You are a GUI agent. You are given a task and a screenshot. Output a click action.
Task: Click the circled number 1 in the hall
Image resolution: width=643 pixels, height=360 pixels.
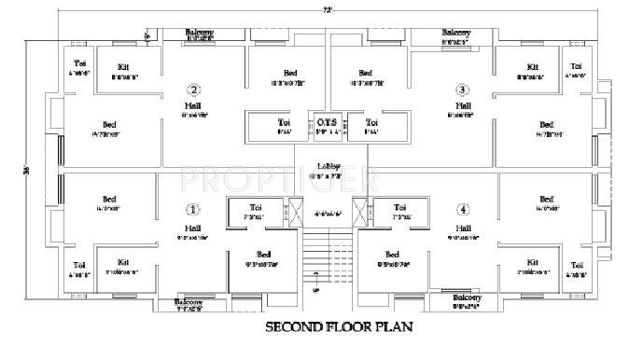click(x=193, y=209)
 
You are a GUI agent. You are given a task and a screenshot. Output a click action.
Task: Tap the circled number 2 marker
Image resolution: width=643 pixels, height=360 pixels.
click(x=193, y=90)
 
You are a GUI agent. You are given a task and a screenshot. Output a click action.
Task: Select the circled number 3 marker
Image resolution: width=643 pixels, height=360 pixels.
click(x=462, y=90)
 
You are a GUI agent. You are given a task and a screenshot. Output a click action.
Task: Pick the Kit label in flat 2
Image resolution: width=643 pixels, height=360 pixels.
click(x=124, y=67)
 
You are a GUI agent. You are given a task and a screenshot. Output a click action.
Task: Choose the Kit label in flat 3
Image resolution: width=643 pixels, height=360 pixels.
click(x=532, y=67)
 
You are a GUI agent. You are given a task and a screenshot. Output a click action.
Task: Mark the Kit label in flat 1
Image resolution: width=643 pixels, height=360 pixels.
click(x=124, y=262)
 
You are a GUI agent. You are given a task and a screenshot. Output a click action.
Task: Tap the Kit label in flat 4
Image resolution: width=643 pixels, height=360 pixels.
click(x=532, y=262)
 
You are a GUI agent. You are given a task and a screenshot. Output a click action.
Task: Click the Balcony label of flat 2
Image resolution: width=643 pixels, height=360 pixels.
click(x=200, y=31)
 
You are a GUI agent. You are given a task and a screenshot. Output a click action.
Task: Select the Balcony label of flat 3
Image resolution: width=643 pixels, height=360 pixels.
click(x=455, y=33)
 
